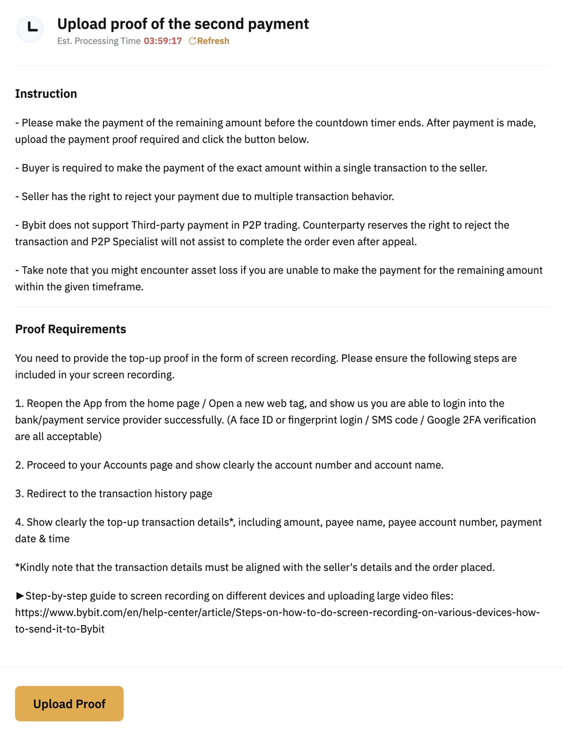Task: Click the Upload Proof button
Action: click(x=69, y=703)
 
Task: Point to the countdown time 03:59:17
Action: click(x=163, y=41)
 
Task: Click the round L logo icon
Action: click(x=30, y=29)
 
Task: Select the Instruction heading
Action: click(x=46, y=94)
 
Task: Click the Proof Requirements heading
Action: click(x=70, y=329)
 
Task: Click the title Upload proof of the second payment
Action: click(x=183, y=24)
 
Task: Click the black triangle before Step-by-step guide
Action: click(x=20, y=596)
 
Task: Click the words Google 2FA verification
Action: click(x=481, y=420)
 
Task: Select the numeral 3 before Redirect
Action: click(x=18, y=493)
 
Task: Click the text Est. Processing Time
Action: click(x=98, y=41)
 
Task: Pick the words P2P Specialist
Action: click(x=124, y=241)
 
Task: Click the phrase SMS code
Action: click(x=395, y=420)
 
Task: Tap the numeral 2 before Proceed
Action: click(x=18, y=465)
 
